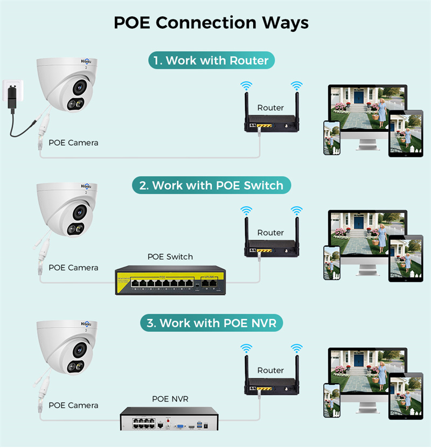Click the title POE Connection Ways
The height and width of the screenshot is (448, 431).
pyautogui.click(x=211, y=23)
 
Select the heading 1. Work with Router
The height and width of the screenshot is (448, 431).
pyautogui.click(x=211, y=60)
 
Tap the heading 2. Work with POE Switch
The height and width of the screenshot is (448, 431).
pyautogui.click(x=211, y=185)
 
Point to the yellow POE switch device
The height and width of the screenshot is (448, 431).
pyautogui.click(x=170, y=280)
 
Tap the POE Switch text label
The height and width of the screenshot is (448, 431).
pyautogui.click(x=170, y=257)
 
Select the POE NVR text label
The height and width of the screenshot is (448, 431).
pyautogui.click(x=170, y=399)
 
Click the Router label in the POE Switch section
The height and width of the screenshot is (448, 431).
pyautogui.click(x=270, y=233)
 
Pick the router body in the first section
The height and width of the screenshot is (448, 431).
pyautogui.click(x=271, y=125)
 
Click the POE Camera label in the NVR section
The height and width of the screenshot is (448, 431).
pyautogui.click(x=73, y=405)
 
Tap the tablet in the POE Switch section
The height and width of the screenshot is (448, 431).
pyautogui.click(x=406, y=257)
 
